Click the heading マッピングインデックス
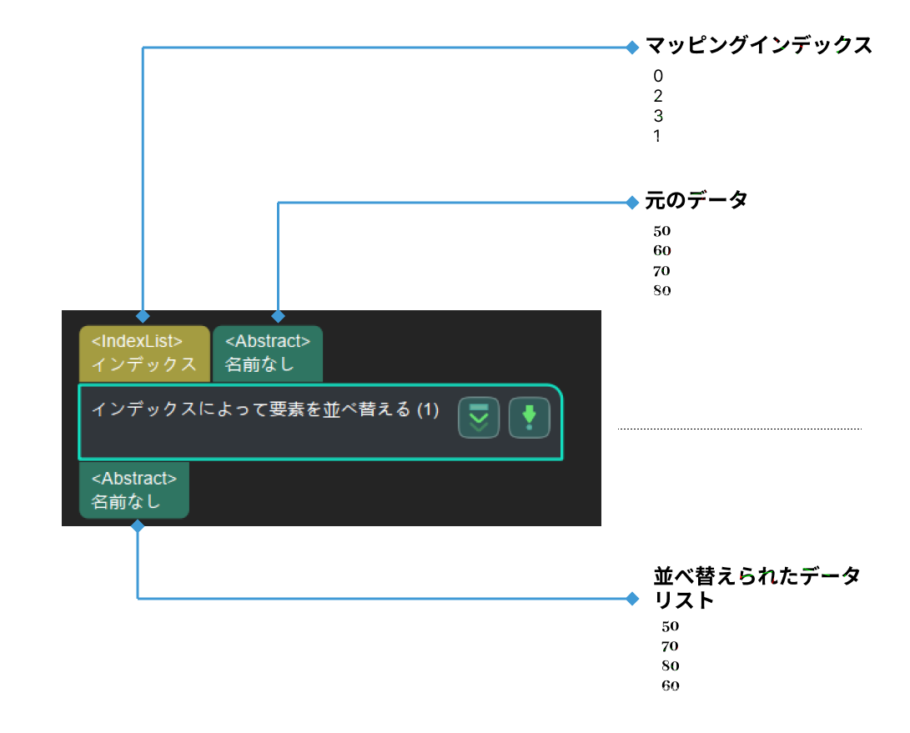759,46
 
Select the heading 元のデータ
696,200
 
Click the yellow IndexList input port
143,354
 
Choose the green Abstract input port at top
267,354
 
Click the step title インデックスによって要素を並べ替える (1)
264,409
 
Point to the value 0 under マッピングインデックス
658,77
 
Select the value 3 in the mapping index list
658,116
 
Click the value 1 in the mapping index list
657,136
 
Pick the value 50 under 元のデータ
662,231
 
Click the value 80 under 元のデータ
662,291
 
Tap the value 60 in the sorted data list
671,686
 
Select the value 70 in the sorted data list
671,646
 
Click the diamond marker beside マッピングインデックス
631,48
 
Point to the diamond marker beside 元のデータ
631,202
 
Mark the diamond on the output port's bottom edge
138,526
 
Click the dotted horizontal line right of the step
739,429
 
